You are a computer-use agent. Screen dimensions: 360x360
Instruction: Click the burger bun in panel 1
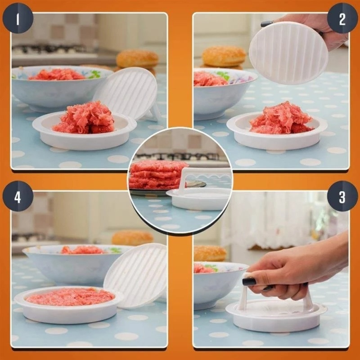coord(137,59)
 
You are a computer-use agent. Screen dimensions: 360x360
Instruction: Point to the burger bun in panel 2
coord(224,56)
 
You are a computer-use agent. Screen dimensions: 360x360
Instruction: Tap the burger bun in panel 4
coord(132,238)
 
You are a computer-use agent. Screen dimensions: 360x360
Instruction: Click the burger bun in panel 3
coord(210,253)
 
